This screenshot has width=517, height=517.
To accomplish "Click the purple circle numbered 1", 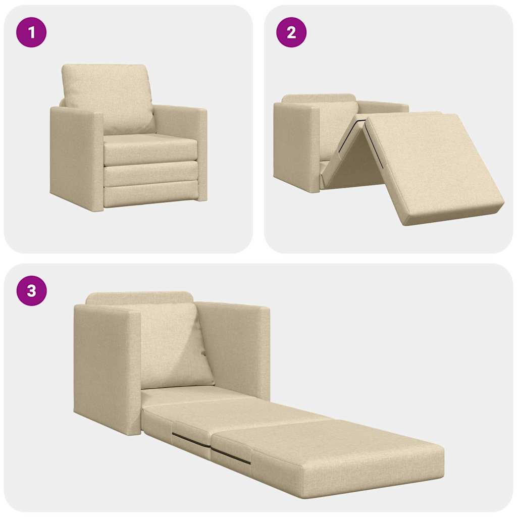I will pos(31,32).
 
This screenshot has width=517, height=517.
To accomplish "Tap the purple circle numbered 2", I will pos(291,32).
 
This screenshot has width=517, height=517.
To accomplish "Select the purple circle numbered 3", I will pos(31,291).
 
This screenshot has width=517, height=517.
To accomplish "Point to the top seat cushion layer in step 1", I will pos(150,149).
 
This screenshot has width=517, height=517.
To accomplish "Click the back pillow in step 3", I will pos(172,343).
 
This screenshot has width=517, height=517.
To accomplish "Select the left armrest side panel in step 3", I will pos(106,369).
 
